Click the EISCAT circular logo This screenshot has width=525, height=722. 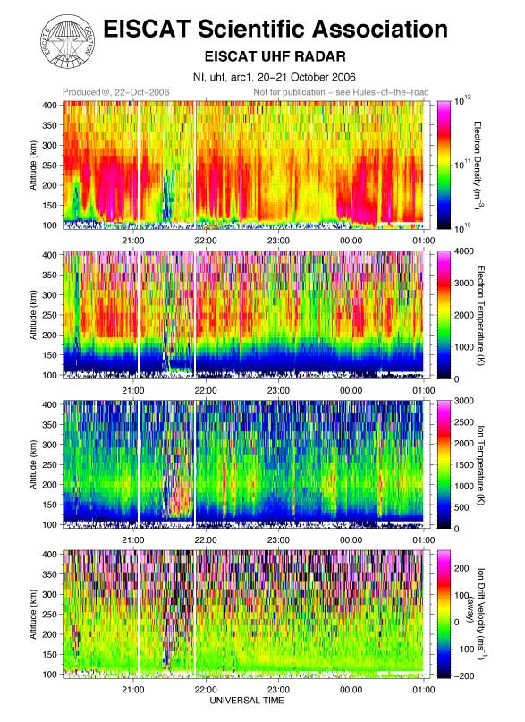coord(69,41)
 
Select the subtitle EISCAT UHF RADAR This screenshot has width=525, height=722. coord(275,56)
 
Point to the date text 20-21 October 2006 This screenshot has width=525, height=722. coord(307,77)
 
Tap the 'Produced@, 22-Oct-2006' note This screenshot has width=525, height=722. coord(116,92)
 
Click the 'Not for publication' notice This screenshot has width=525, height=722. coord(341,92)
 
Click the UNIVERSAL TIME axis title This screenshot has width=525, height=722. coord(247,701)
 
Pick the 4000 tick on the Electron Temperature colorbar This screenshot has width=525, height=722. coord(464,251)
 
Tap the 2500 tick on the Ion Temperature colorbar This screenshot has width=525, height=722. coord(464,422)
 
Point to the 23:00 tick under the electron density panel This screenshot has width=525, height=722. coord(278,241)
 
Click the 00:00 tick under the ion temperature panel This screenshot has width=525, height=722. coord(351,539)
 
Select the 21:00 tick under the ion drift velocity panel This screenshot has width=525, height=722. coord(133,689)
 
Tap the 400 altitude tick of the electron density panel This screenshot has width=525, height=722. coord(50,105)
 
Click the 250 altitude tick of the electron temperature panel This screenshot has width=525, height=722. coord(50,315)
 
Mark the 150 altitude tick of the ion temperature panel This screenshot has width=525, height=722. coord(50,505)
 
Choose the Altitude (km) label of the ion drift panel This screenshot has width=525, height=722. coord(33,615)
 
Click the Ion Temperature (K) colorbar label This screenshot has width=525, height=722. coord(481,464)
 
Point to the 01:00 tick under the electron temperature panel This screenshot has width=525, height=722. coord(423,390)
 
